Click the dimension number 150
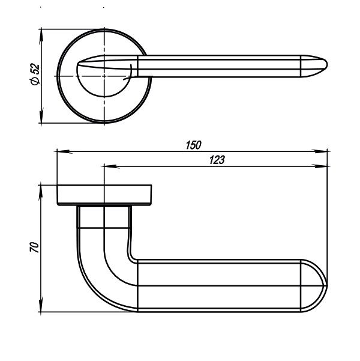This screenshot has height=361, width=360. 193,145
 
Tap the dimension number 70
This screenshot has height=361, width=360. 34,248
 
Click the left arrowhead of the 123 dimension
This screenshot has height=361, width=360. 106,166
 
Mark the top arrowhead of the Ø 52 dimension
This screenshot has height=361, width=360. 43,31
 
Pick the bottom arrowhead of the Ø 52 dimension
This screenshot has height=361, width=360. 43,120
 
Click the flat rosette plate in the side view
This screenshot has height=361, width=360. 104,196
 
